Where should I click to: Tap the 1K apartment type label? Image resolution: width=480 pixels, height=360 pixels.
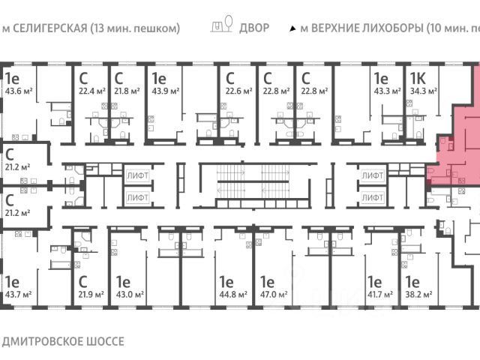pos(418,78)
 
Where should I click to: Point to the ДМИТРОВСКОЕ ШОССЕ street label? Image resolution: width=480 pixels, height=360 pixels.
pos(63,340)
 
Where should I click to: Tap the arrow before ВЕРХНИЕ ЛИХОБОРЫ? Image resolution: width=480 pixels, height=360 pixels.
pos(292,28)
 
